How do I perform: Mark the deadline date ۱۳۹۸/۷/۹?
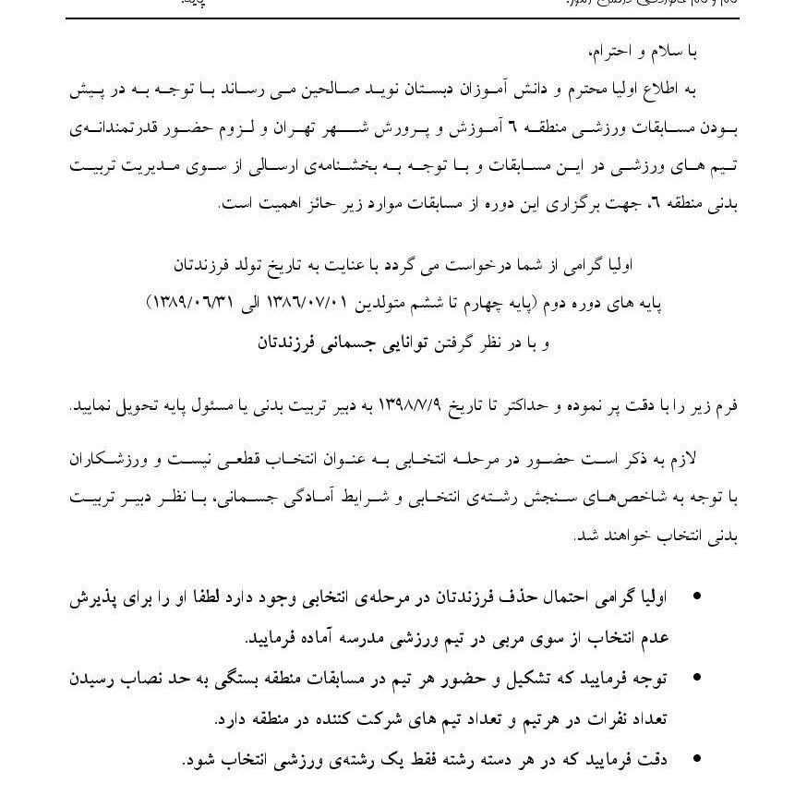click(x=421, y=406)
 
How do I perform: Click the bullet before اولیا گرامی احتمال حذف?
click(x=696, y=596)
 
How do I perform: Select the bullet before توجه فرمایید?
click(x=696, y=679)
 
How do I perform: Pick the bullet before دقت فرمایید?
click(x=696, y=760)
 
